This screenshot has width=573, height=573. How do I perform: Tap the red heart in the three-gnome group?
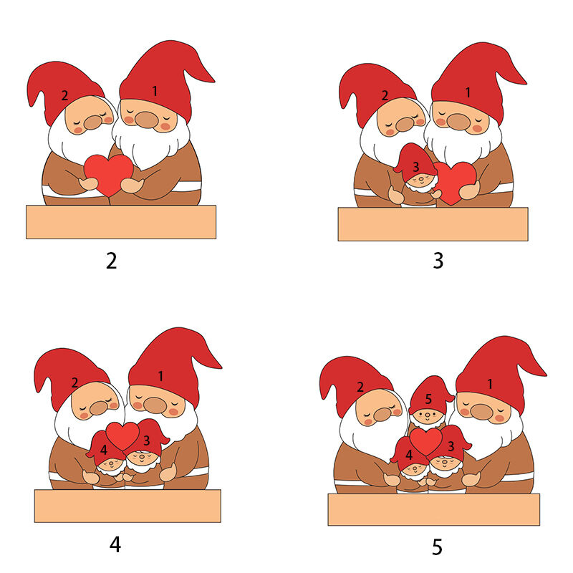click(455, 183)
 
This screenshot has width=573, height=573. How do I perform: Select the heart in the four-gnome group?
click(122, 436)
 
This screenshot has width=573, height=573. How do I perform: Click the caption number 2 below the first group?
click(112, 261)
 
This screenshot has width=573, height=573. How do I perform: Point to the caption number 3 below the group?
click(438, 261)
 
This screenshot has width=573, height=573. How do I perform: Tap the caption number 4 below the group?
click(115, 544)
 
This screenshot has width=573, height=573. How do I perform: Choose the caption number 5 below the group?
click(438, 547)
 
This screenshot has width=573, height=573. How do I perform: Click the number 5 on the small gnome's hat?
click(428, 399)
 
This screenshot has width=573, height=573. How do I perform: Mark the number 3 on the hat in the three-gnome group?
click(416, 167)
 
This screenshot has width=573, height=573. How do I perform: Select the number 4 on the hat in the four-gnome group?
click(103, 450)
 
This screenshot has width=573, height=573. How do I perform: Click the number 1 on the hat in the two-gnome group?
click(155, 91)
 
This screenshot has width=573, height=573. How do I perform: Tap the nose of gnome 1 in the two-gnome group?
click(147, 120)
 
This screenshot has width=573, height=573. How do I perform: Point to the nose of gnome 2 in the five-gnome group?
click(382, 414)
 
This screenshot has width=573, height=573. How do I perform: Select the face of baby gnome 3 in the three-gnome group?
click(421, 180)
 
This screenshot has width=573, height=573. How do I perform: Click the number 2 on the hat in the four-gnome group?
click(74, 382)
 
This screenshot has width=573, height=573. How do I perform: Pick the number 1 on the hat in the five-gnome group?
click(490, 384)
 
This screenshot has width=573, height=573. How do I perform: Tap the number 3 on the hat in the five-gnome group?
click(451, 446)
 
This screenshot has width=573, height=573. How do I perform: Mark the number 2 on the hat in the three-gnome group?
click(385, 95)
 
